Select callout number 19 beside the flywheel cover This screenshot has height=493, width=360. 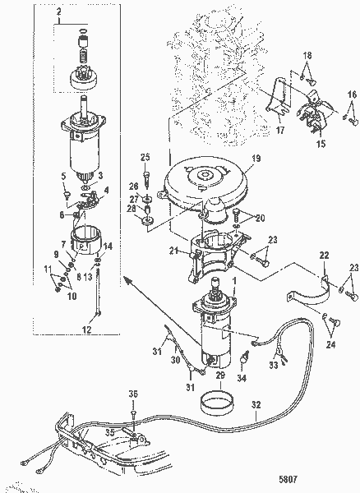pyautogui.click(x=256, y=158)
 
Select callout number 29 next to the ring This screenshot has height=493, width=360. pyautogui.click(x=220, y=375)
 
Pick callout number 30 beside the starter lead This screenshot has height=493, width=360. pyautogui.click(x=173, y=359)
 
